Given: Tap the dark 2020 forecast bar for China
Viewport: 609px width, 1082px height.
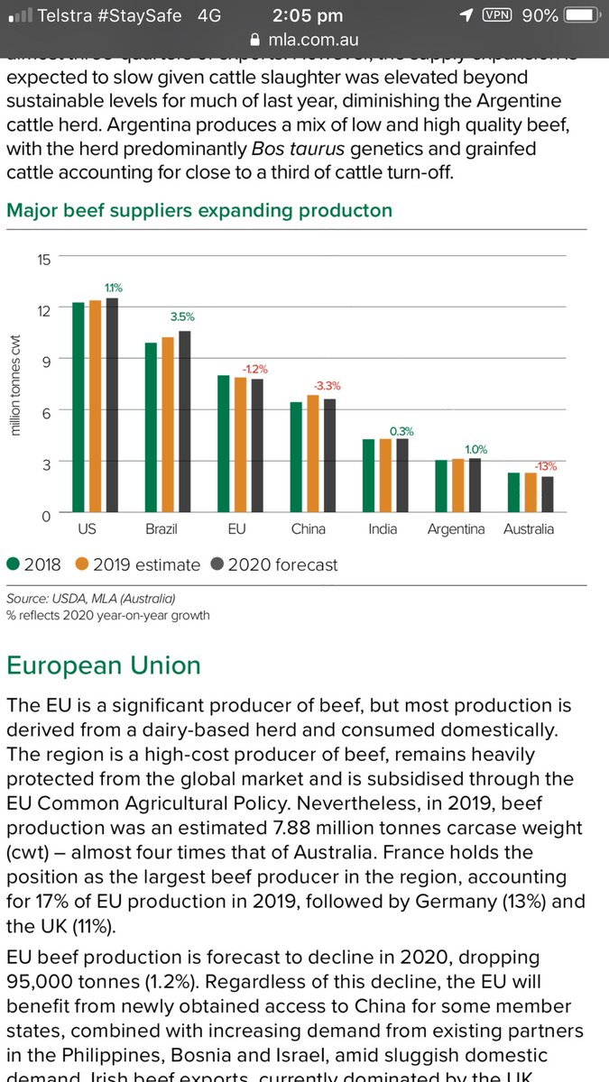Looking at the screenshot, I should click(x=329, y=456).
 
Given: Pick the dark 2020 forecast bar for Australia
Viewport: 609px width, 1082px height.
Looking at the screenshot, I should click(x=548, y=495).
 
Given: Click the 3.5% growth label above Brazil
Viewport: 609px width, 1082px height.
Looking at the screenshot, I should click(x=181, y=317).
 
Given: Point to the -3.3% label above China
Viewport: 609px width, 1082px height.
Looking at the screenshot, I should click(x=327, y=386).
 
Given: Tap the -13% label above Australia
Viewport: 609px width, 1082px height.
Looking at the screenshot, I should click(x=545, y=466).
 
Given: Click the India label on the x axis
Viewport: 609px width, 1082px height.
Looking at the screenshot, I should click(x=383, y=529).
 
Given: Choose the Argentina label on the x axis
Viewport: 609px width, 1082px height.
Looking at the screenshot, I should click(x=456, y=529).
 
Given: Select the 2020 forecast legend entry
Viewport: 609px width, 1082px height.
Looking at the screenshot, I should click(x=274, y=565).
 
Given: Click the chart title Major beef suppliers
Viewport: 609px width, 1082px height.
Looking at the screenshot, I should click(x=199, y=210).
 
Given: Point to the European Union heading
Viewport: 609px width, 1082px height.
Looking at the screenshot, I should click(x=104, y=665).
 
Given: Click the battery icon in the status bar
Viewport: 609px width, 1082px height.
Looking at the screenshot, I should click(x=584, y=15).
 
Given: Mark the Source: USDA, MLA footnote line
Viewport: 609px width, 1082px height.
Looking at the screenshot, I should click(x=91, y=599).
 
